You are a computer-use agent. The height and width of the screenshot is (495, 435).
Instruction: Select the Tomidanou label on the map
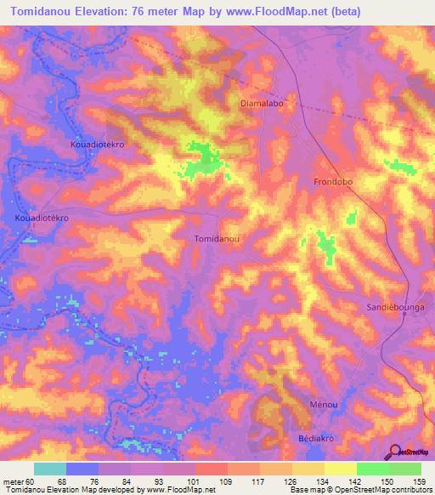[217, 239]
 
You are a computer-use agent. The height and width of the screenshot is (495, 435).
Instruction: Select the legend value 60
[29, 481]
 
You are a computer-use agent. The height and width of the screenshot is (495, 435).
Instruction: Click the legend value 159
[420, 481]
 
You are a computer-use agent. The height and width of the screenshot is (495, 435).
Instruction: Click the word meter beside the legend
[12, 481]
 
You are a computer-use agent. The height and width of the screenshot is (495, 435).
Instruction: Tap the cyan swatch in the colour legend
[50, 469]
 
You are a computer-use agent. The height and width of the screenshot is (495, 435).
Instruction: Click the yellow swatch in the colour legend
[341, 469]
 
